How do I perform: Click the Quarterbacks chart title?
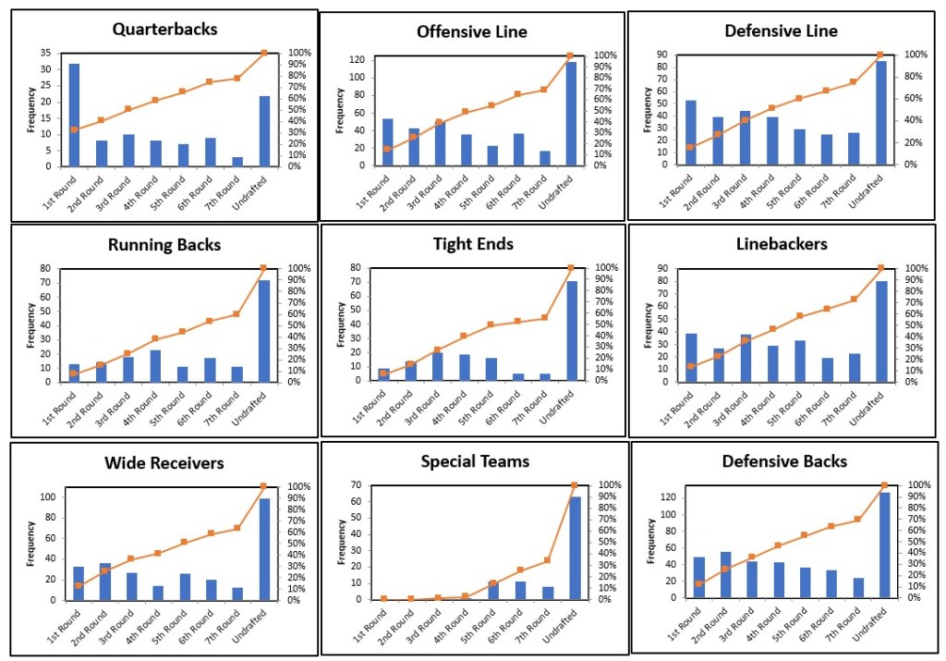click(x=165, y=29)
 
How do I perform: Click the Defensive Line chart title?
click(x=781, y=31)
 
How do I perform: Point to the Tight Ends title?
click(x=474, y=244)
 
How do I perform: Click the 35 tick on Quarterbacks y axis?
click(x=46, y=53)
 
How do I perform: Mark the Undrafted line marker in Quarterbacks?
click(x=264, y=53)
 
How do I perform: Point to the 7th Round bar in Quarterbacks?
click(x=236, y=161)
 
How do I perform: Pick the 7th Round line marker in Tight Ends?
click(x=543, y=317)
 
